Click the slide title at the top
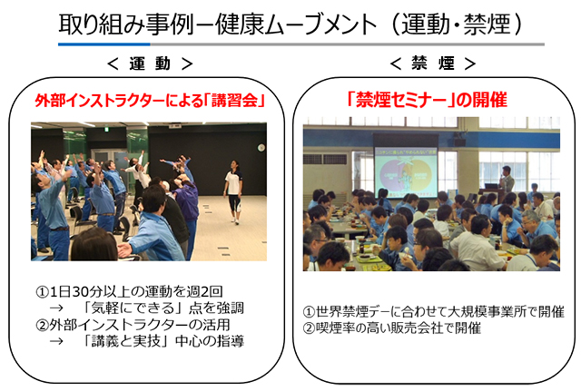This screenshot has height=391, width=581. tap(290, 24)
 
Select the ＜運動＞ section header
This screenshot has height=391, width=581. tap(150, 64)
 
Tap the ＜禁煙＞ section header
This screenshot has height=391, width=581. tap(433, 64)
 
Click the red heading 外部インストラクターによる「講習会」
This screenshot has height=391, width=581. tap(150, 100)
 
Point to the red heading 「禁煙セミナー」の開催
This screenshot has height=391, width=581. tap(427, 100)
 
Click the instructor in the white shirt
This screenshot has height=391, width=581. tap(234, 191)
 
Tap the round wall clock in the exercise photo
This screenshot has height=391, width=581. tap(261, 148)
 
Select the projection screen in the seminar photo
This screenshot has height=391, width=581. tap(406, 171)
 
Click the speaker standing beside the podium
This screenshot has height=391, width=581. tap(507, 179)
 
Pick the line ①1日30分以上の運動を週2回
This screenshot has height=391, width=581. tap(129, 292)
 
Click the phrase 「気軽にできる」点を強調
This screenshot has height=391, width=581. tap(162, 308)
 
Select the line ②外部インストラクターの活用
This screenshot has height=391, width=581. tap(133, 325)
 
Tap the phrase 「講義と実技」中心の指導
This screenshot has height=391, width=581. tap(162, 341)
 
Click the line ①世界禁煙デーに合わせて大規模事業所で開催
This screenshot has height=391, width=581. tap(434, 311)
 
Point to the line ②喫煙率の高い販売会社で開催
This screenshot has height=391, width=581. tap(392, 327)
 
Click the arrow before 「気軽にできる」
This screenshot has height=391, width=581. tap(56, 308)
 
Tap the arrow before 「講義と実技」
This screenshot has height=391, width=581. tap(56, 341)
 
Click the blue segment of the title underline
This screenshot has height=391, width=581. tap(104, 44)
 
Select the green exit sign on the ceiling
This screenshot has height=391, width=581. tap(106, 129)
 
